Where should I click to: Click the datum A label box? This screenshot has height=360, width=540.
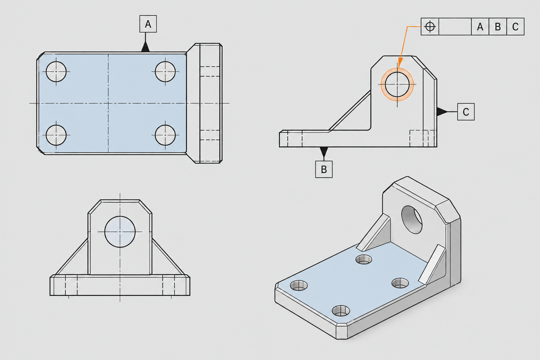coord(148,24)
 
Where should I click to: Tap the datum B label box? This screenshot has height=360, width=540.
coord(324,169)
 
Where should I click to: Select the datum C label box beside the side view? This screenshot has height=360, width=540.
coord(466,112)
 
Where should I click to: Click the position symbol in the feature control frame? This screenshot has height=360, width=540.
coord(430,26)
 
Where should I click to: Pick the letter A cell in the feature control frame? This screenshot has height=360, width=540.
coord(480,26)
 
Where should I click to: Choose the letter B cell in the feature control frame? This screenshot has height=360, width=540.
coord(497,26)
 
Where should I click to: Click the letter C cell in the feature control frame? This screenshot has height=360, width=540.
coord(515,26)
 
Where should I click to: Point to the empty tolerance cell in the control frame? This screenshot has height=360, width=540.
coord(455,26)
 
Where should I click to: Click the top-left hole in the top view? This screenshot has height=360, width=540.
coord(56,72)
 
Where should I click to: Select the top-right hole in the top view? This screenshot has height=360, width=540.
coord(165,72)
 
